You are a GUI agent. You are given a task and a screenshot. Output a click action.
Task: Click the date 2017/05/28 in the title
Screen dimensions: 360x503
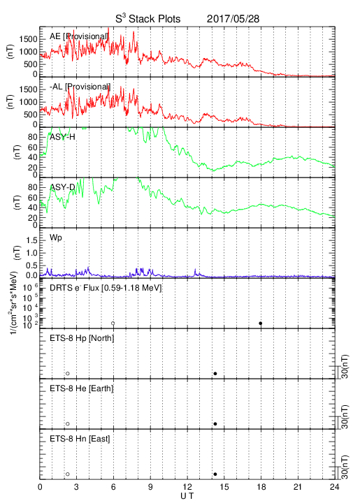233,19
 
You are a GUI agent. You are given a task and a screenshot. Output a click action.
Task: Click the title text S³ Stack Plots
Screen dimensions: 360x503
148,19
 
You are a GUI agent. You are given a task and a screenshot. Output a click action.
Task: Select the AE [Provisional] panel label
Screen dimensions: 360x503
78,36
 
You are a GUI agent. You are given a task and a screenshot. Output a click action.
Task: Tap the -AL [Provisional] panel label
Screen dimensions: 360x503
80,87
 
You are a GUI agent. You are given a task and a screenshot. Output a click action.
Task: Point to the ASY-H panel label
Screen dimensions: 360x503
62,137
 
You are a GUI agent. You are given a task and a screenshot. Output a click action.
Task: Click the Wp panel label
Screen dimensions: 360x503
56,238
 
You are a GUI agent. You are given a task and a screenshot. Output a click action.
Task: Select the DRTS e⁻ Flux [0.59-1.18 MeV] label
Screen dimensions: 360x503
106,288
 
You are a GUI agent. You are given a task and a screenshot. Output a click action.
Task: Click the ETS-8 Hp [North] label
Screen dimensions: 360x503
82,338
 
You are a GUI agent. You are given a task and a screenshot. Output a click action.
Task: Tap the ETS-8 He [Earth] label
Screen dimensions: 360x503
82,388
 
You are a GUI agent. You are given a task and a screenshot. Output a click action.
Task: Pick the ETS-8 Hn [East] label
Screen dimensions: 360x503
80,439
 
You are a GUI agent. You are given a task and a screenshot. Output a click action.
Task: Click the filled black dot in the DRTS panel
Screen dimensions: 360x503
261,323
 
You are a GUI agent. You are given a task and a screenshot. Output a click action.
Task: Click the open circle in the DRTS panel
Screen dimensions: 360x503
113,323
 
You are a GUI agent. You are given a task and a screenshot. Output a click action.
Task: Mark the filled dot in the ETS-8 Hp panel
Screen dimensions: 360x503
215,373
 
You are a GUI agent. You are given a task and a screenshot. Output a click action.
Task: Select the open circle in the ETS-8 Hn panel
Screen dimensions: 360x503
68,474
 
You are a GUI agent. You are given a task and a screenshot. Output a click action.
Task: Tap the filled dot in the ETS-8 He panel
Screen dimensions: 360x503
215,424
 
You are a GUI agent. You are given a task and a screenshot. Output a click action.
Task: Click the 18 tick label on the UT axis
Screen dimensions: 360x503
261,487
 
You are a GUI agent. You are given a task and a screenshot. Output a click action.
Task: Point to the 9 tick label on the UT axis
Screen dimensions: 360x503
150,487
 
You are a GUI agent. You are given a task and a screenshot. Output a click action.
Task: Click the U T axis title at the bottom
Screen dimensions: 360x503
187,496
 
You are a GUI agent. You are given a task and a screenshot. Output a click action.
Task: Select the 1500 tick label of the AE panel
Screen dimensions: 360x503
28,39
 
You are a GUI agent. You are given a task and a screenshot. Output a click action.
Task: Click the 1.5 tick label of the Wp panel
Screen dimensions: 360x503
32,240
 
